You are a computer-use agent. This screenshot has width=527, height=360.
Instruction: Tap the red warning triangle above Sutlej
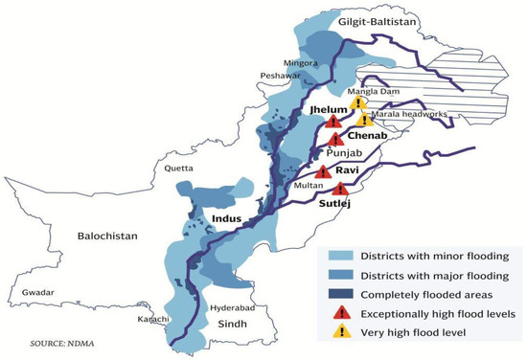340,189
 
